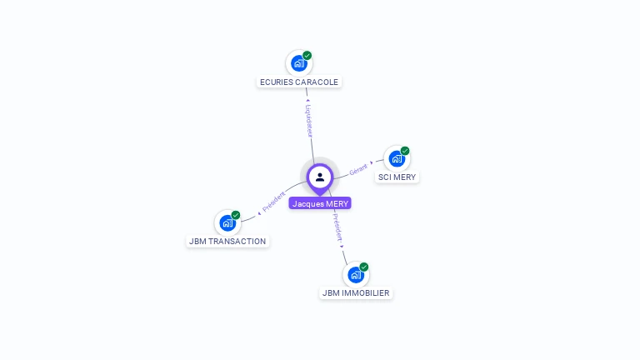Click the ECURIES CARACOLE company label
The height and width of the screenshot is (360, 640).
[299, 82]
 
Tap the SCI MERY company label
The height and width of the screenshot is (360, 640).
[397, 177]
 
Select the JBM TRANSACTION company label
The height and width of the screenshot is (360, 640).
[227, 242]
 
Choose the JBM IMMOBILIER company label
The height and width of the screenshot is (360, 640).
[356, 293]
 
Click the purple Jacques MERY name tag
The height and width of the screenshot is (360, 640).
[320, 203]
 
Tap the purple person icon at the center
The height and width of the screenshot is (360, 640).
[320, 177]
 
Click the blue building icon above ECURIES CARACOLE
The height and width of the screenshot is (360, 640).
[298, 62]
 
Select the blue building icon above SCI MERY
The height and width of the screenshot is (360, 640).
[396, 157]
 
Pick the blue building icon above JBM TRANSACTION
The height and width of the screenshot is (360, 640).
[227, 222]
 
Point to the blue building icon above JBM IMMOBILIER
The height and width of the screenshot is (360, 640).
[355, 274]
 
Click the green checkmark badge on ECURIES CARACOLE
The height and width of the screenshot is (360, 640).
[307, 55]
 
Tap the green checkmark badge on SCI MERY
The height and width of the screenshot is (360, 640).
[405, 151]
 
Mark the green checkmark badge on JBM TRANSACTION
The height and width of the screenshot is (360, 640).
[236, 215]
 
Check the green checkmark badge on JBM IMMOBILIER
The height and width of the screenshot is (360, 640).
[364, 267]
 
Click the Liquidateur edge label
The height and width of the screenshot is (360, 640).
[308, 120]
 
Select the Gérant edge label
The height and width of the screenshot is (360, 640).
[358, 167]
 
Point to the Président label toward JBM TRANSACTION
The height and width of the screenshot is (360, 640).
[274, 202]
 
